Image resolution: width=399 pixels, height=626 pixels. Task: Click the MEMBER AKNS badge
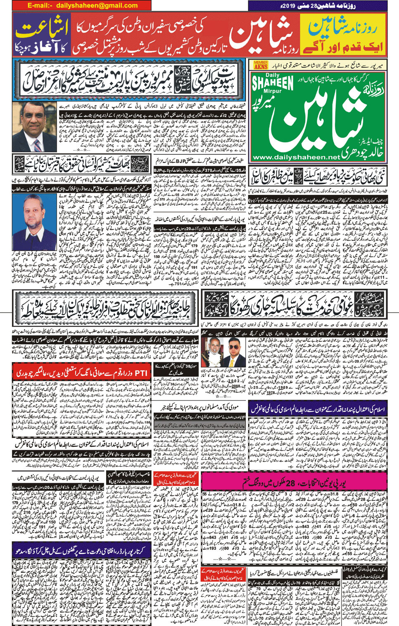pos(261,65)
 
